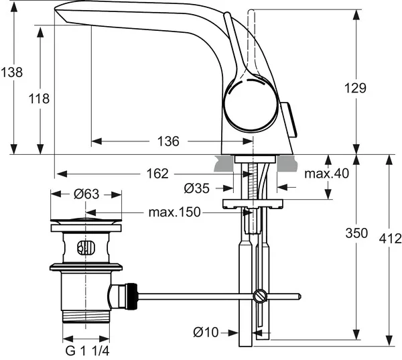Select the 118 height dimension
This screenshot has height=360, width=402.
tap(40, 99)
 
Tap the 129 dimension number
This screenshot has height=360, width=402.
tap(356, 87)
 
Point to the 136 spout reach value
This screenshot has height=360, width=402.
tap(168, 141)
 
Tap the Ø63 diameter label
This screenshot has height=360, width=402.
tap(86, 194)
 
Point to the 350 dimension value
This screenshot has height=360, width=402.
tap(356, 233)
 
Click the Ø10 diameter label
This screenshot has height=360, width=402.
tap(208, 332)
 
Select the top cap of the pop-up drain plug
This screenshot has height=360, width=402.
tap(86, 220)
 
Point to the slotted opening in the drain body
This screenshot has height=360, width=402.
tap(83, 249)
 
